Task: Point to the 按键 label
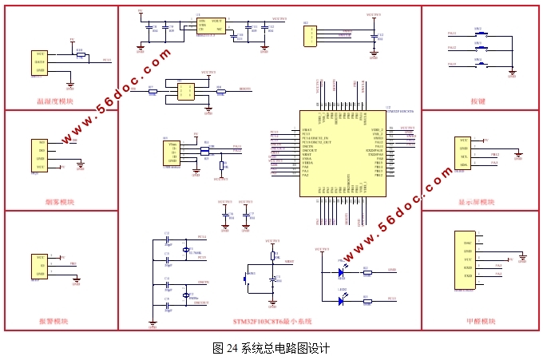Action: tap(478, 101)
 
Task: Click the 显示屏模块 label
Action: tap(478, 203)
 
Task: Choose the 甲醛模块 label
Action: tap(478, 322)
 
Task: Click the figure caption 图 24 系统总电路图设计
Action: tap(271, 349)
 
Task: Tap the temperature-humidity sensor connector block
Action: tap(39, 62)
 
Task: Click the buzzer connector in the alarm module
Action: tap(39, 266)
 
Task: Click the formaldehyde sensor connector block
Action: tap(464, 263)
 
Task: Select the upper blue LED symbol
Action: tap(341, 272)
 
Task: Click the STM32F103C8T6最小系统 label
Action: tap(271, 322)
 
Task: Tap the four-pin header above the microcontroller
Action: tap(310, 35)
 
